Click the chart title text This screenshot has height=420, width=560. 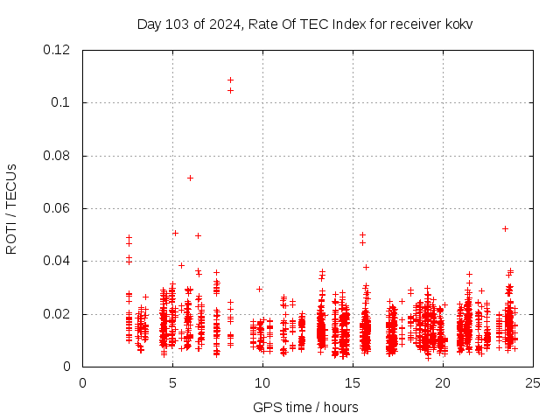coord(304,24)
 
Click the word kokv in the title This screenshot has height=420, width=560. coord(457,24)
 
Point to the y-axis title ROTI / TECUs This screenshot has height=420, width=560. coord(11,208)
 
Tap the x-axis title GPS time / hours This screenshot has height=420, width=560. coord(304,407)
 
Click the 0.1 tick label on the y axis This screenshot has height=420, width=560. coord(63,102)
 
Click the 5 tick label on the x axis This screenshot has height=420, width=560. coord(172,382)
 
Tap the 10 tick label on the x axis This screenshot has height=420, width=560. coord(262,382)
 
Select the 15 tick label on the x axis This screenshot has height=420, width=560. coord(353,382)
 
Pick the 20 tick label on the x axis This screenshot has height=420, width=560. coord(443,382)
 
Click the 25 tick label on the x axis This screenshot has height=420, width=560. coord(533,382)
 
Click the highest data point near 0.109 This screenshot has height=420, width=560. coord(230,80)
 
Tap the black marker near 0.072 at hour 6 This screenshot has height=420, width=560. coord(190,178)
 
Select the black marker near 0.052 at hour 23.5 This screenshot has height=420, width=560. coord(505,228)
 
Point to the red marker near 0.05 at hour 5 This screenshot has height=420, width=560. coord(175,233)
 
